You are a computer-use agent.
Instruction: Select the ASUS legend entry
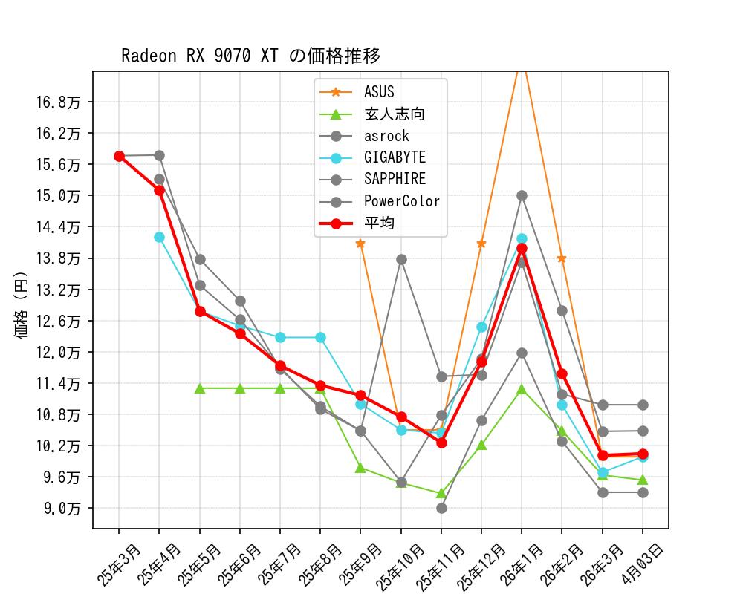pyautogui.click(x=379, y=92)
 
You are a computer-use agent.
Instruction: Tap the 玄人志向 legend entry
pyautogui.click(x=394, y=114)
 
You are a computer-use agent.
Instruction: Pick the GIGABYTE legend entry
pyautogui.click(x=395, y=157)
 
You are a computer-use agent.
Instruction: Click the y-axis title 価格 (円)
pyautogui.click(x=21, y=304)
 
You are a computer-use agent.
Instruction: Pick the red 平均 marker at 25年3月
pyautogui.click(x=119, y=156)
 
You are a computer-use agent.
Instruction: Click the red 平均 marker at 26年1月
pyautogui.click(x=522, y=248)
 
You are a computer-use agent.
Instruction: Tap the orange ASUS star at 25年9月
pyautogui.click(x=360, y=244)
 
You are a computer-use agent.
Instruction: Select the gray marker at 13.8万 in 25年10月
pyautogui.click(x=401, y=259)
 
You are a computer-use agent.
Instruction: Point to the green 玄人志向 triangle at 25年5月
pyautogui.click(x=200, y=388)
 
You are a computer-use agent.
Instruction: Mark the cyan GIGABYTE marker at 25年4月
pyautogui.click(x=159, y=237)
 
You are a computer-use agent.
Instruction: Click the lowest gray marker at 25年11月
pyautogui.click(x=441, y=508)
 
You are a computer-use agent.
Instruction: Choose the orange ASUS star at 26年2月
pyautogui.click(x=562, y=258)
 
